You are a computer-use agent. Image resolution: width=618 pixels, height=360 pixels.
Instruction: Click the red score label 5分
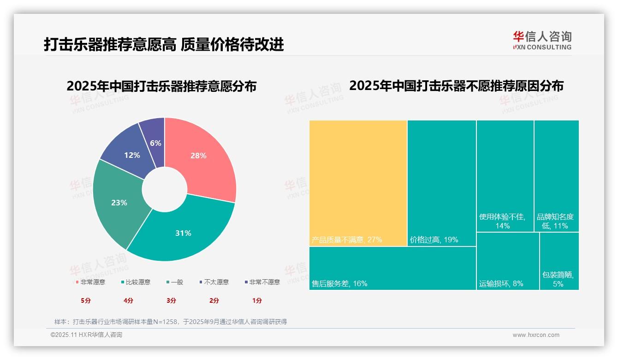86,300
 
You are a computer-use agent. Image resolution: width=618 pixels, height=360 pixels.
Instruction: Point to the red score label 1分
257,300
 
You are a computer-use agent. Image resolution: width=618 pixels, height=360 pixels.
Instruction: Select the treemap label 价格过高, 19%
434,240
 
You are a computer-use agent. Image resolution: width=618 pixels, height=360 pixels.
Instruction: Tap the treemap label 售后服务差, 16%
339,284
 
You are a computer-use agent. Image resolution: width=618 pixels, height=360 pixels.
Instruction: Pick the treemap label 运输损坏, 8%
501,284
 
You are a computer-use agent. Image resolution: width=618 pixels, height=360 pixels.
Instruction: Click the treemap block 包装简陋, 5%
559,261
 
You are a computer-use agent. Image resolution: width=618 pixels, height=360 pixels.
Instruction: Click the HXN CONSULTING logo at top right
542,40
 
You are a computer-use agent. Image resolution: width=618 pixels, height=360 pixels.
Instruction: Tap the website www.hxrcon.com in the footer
536,335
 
